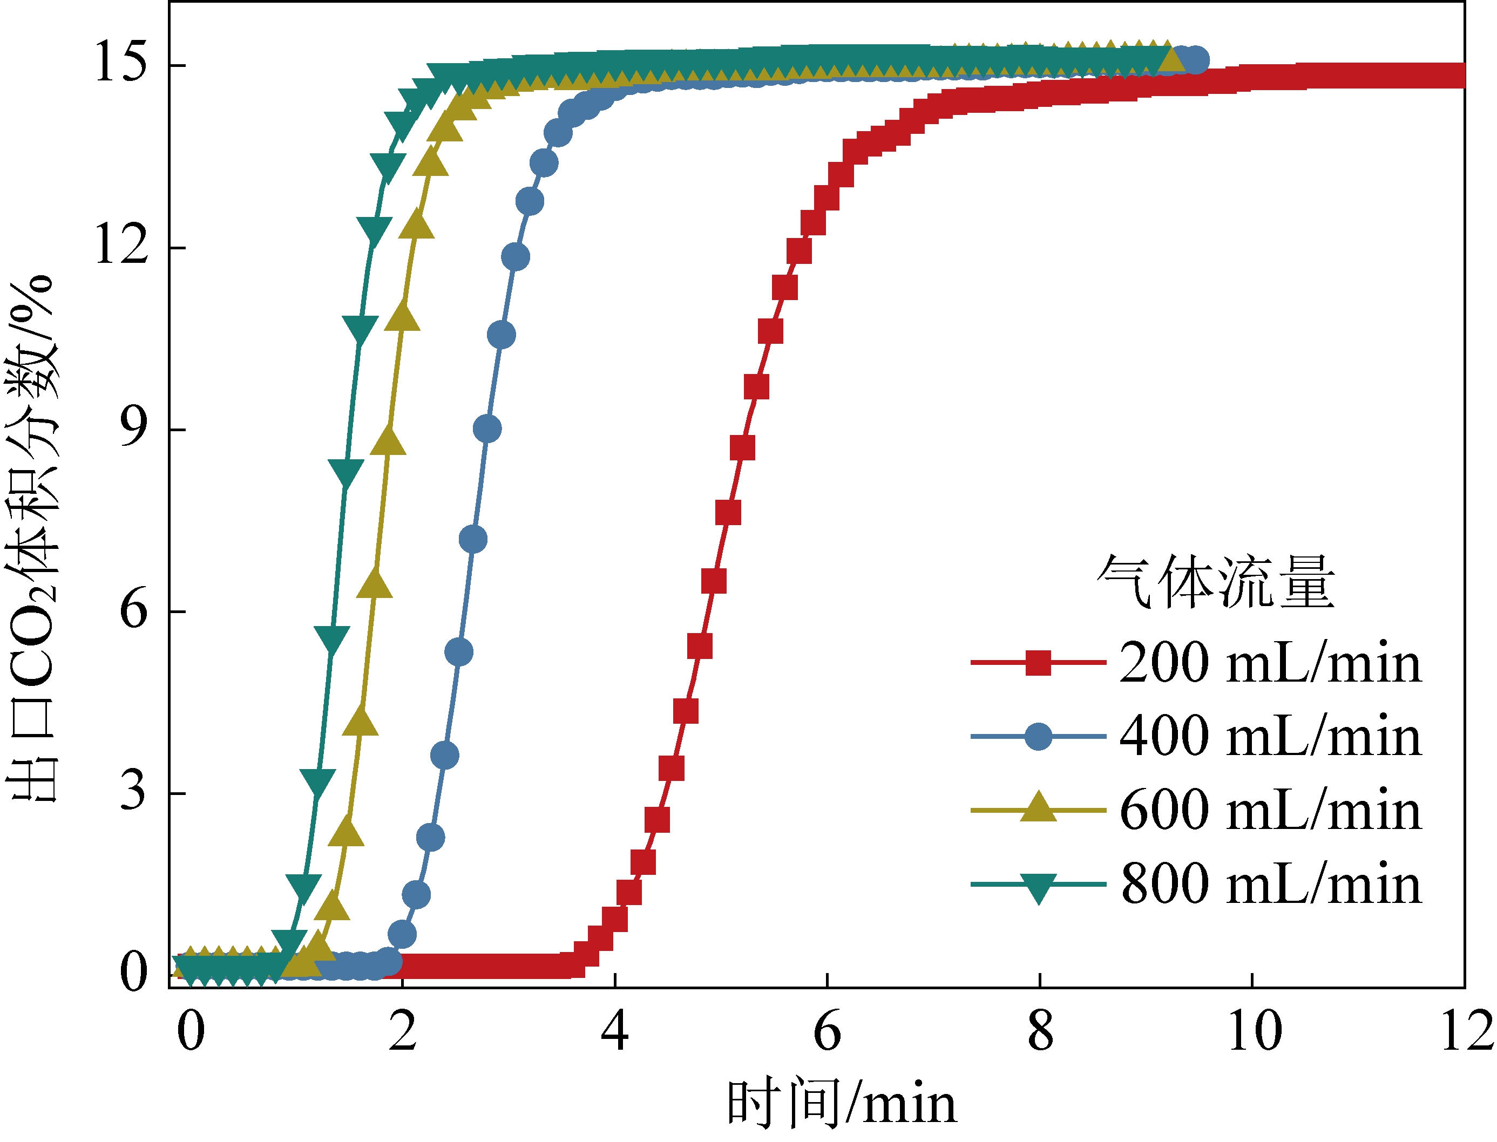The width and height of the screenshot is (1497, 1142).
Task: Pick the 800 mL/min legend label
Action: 1270,885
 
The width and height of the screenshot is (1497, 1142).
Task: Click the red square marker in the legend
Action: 1038,662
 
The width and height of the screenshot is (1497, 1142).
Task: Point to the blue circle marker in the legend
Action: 1038,736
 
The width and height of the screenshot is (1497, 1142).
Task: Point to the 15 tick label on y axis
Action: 121,63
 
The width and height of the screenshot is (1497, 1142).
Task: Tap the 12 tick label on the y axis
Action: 121,244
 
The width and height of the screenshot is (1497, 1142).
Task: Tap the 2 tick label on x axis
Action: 403,1032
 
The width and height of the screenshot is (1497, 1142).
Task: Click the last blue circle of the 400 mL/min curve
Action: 1196,60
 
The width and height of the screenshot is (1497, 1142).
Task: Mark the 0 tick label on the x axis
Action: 191,1032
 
